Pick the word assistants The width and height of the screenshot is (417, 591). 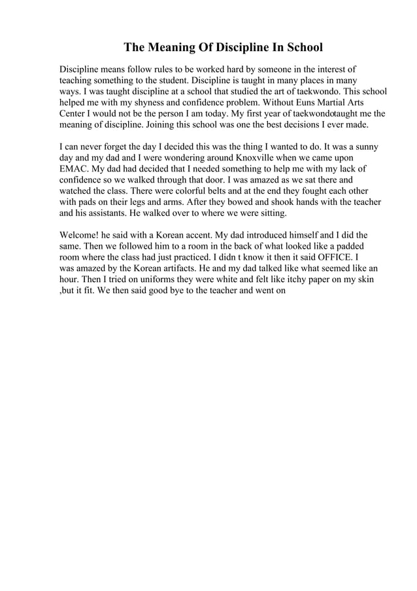coord(102,213)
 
